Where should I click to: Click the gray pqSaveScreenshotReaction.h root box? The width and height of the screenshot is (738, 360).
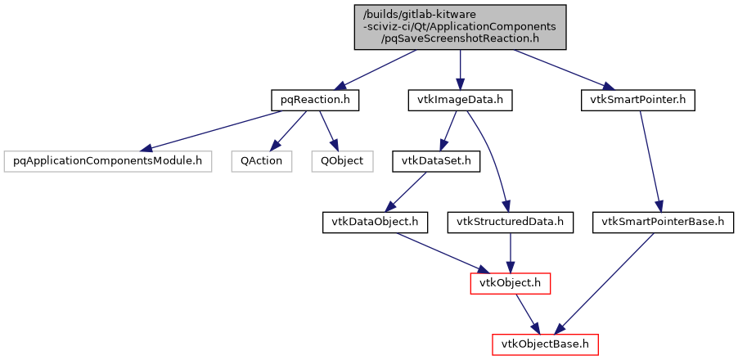[x=460, y=26]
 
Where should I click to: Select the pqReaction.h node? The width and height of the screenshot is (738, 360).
[x=315, y=100]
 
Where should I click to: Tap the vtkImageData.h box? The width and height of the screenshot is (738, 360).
[x=460, y=100]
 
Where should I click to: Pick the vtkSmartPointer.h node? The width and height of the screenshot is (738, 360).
[x=637, y=100]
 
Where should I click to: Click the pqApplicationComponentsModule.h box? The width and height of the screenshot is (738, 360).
[x=108, y=160]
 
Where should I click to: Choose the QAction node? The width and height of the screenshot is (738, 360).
[x=261, y=160]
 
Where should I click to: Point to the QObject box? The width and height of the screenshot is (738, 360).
[x=341, y=160]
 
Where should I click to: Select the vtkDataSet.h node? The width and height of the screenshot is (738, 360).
[x=435, y=160]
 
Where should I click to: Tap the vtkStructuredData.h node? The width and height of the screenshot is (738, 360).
[x=511, y=221]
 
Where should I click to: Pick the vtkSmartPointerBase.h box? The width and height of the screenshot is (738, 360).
[x=663, y=221]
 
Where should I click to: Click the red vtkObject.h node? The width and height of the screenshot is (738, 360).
[x=510, y=282]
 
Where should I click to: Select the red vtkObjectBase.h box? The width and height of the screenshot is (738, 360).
[x=545, y=344]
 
